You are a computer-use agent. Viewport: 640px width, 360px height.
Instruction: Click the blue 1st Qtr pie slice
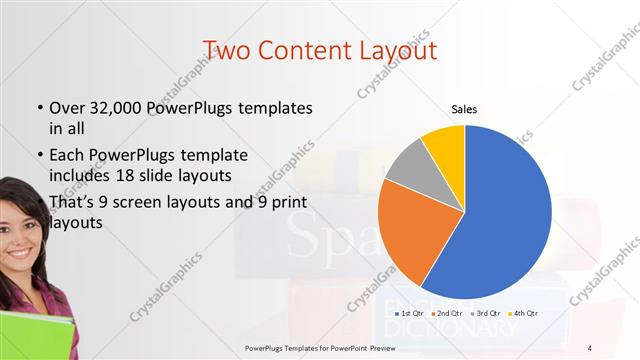(505, 220)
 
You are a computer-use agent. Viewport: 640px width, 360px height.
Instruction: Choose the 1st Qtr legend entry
(411, 315)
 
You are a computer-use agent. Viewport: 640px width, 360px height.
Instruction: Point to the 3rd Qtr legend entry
(488, 315)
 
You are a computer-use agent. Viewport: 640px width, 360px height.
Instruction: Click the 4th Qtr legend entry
(527, 315)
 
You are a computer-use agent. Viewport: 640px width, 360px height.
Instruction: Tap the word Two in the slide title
(226, 49)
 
